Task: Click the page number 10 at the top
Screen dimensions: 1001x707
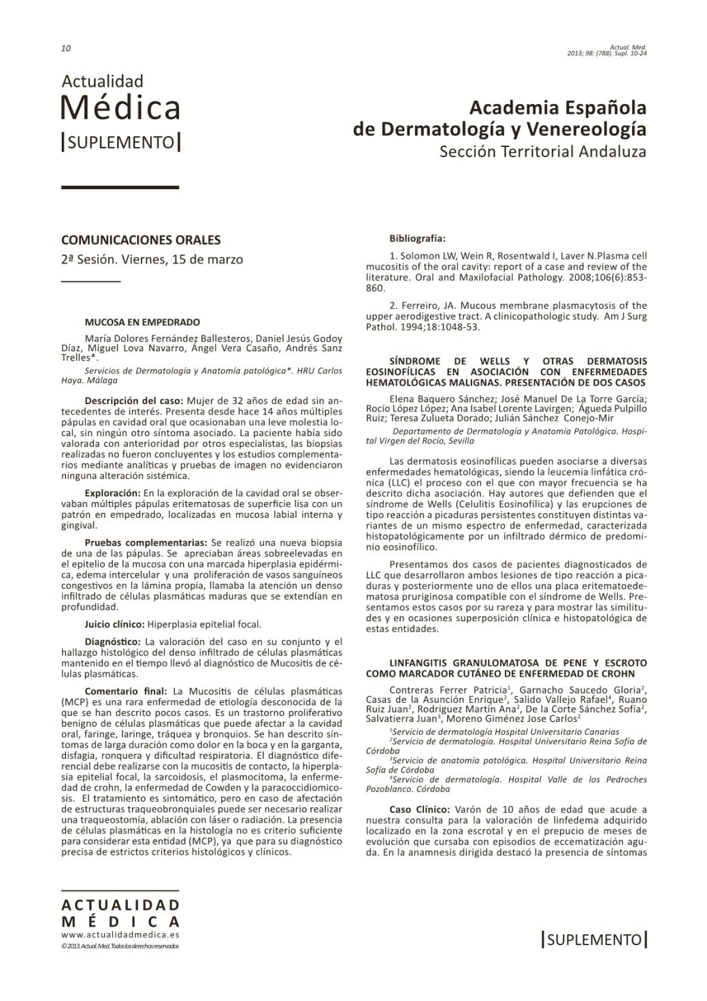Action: pos(66,48)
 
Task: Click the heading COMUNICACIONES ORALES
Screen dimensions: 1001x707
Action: pos(141,240)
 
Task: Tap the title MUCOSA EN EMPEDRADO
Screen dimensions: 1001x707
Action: pos(142,322)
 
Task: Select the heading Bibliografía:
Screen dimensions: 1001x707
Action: pos(417,239)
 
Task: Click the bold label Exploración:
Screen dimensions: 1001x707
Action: pos(112,492)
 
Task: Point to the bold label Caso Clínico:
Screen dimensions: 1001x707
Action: pos(419,810)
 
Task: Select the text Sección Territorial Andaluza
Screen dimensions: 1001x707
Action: pos(542,151)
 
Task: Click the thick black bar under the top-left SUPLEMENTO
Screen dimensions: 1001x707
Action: pos(120,187)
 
